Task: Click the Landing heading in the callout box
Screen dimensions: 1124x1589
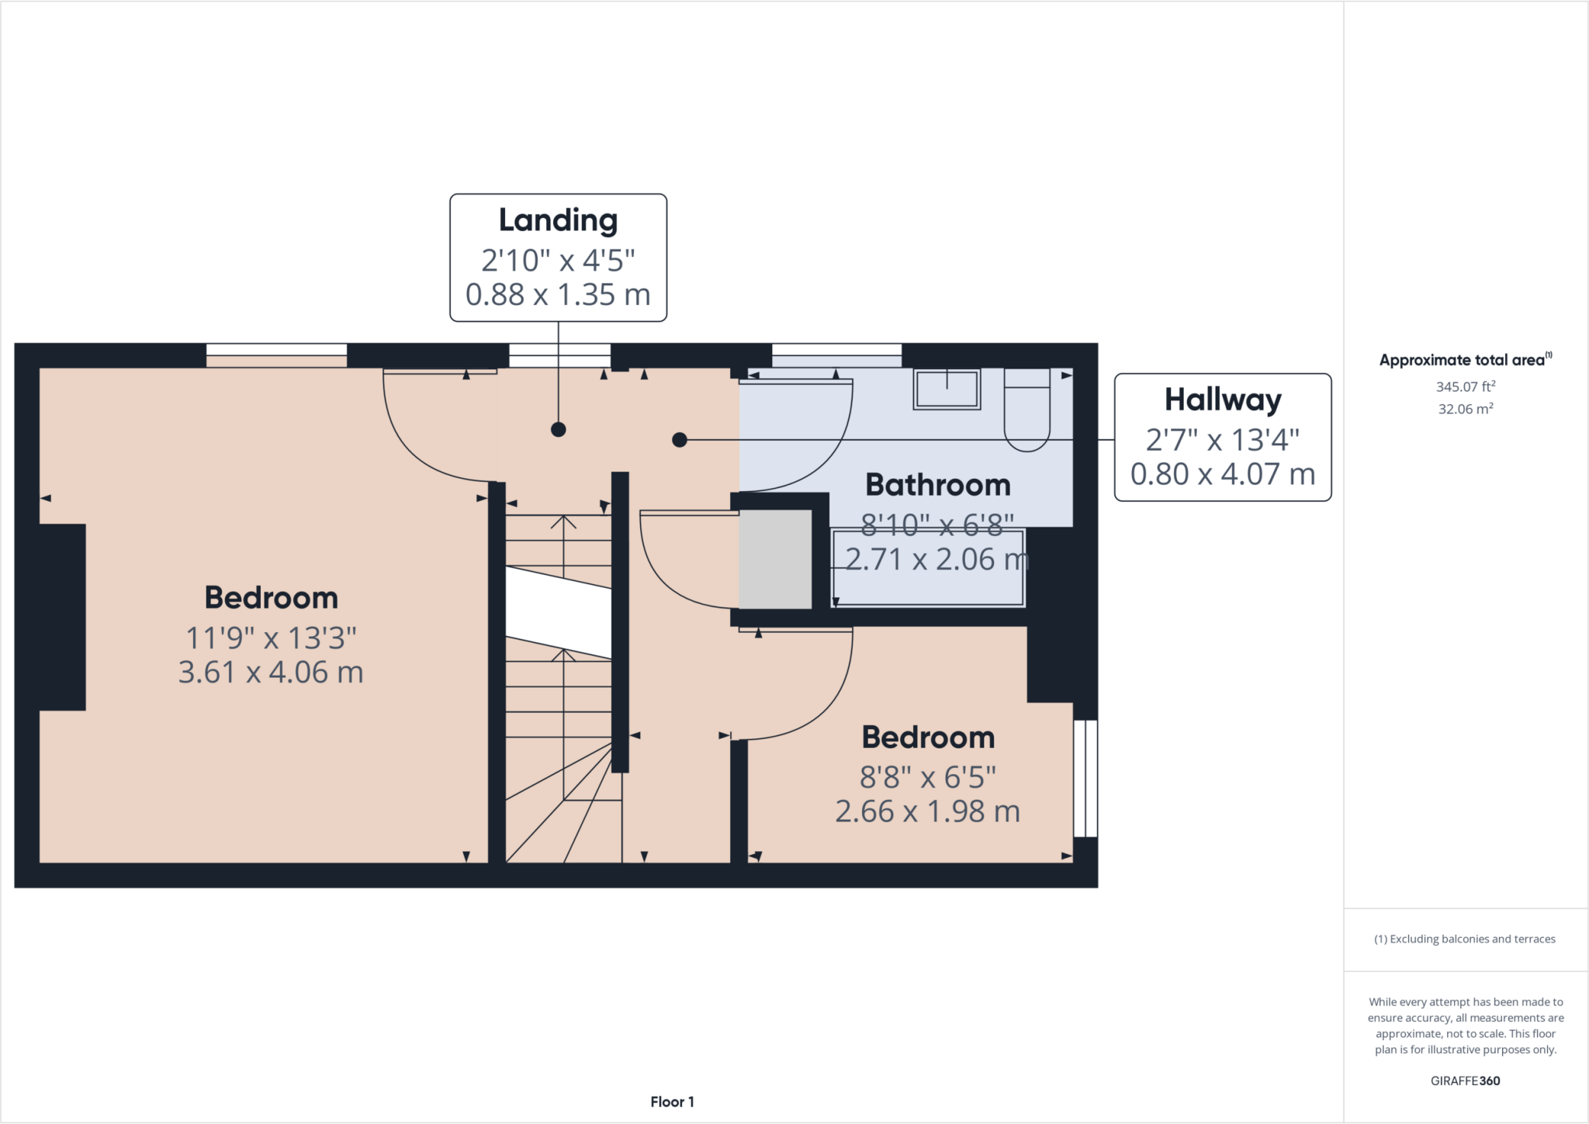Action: [x=558, y=220]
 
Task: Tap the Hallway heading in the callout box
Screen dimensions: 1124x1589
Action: [x=1223, y=399]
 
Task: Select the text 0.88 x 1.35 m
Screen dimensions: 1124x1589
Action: [x=558, y=295]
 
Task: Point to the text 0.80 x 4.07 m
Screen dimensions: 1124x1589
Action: [x=1223, y=474]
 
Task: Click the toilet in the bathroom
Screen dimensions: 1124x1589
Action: [x=1027, y=411]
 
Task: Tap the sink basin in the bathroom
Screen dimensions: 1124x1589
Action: [x=947, y=389]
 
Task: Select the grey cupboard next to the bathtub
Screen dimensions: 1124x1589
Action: [x=774, y=559]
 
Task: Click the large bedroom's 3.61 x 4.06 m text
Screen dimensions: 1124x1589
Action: [x=271, y=673]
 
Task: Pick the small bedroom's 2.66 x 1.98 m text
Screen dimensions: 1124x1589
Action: [x=927, y=811]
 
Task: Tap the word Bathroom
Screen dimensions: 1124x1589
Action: [x=937, y=485]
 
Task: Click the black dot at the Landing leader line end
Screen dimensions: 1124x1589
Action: [x=558, y=429]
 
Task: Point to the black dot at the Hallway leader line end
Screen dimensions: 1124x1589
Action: [x=680, y=440]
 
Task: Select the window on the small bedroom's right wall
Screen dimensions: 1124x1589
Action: [x=1085, y=778]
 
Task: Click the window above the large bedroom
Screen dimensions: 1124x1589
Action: [x=276, y=354]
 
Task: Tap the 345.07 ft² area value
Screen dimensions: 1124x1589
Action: [x=1465, y=386]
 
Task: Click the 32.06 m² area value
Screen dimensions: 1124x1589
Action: [x=1465, y=409]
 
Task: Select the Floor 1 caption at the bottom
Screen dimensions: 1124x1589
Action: [x=672, y=1102]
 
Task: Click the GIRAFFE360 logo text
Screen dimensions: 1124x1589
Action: [x=1465, y=1081]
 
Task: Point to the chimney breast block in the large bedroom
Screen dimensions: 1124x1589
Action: [x=62, y=617]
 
